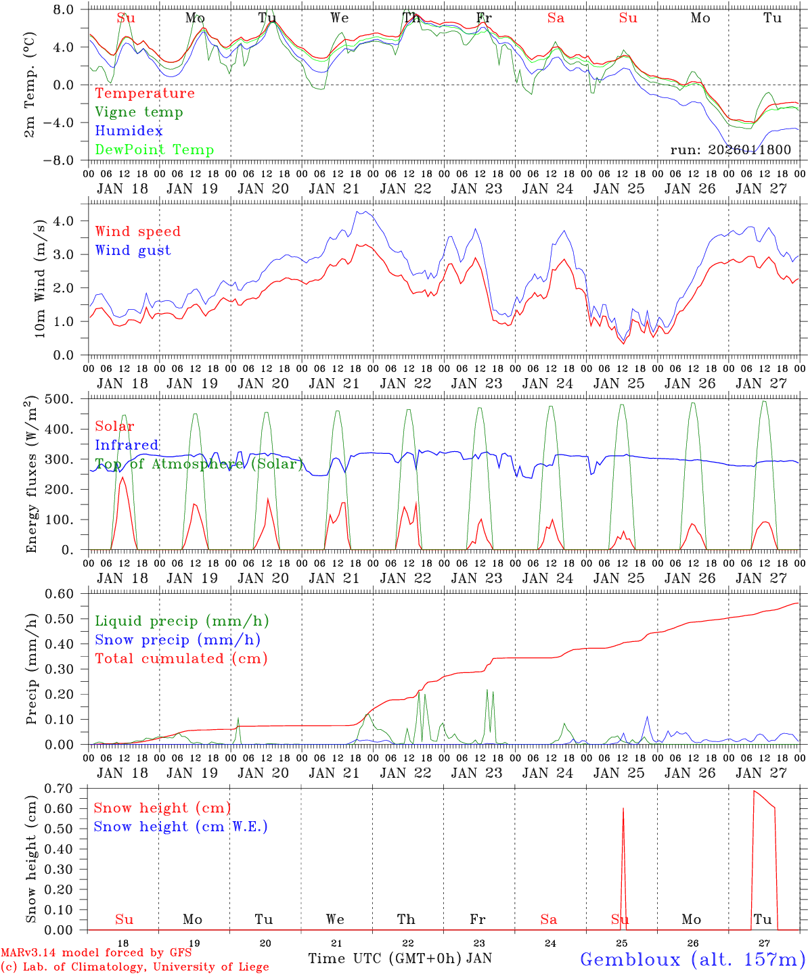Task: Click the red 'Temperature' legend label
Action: coord(145,93)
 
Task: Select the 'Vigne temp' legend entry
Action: coord(139,112)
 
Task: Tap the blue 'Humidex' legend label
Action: coord(129,131)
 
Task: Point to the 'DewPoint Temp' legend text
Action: coord(154,150)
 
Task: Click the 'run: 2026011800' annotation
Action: coord(730,150)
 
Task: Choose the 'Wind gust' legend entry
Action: coord(133,250)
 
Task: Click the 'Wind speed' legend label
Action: coord(138,231)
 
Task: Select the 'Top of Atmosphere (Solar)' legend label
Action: coord(198,464)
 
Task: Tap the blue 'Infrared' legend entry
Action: coord(127,445)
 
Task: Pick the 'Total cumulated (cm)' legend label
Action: coord(181,658)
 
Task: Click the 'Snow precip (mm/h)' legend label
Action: coord(177,640)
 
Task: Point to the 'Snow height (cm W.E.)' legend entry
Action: coord(181,827)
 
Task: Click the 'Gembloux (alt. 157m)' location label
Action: coord(692,959)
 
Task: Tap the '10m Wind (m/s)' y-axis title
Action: coord(40,278)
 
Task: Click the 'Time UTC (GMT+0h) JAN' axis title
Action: coord(400,958)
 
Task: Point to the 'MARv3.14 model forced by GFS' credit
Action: coord(95,953)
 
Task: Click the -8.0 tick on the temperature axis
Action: coord(66,161)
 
